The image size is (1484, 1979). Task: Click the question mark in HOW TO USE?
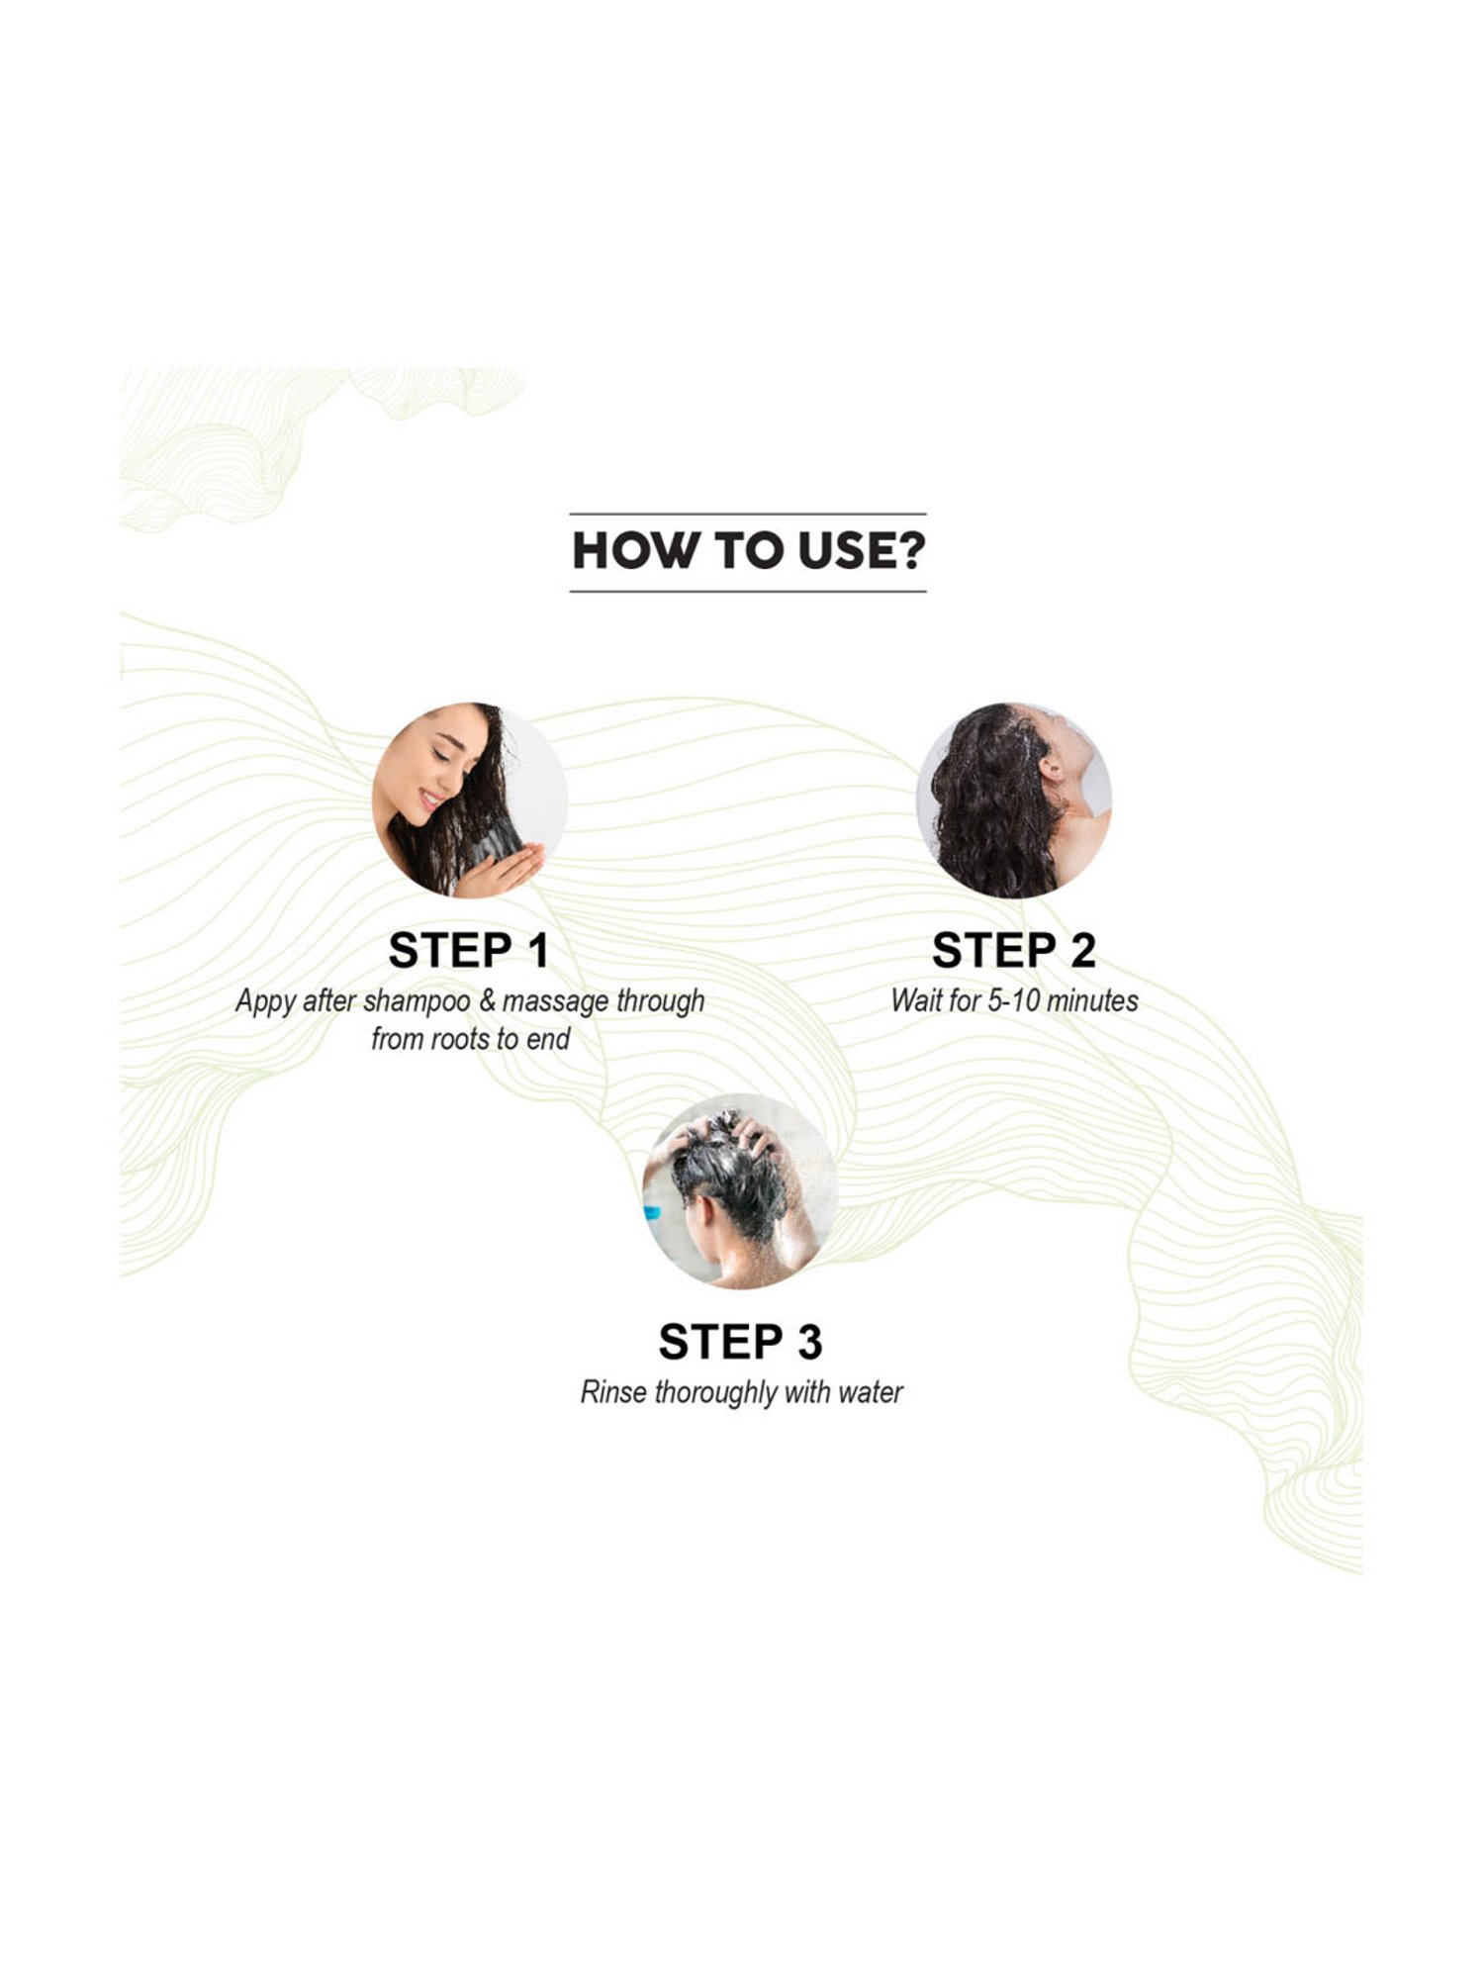tap(910, 552)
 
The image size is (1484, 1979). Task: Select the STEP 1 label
tap(469, 951)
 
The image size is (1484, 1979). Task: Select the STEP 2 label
tap(1014, 951)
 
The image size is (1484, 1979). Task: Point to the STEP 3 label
tap(741, 1343)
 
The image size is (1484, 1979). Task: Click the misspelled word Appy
tap(266, 1002)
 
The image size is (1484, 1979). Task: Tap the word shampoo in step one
tap(417, 1002)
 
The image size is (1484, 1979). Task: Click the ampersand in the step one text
tap(487, 1001)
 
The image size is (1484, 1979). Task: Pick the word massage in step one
tap(555, 1003)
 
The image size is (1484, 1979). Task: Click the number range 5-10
tap(1014, 1001)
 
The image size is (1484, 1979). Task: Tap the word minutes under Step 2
tap(1092, 1001)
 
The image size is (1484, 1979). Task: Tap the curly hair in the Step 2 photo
tap(989, 806)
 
